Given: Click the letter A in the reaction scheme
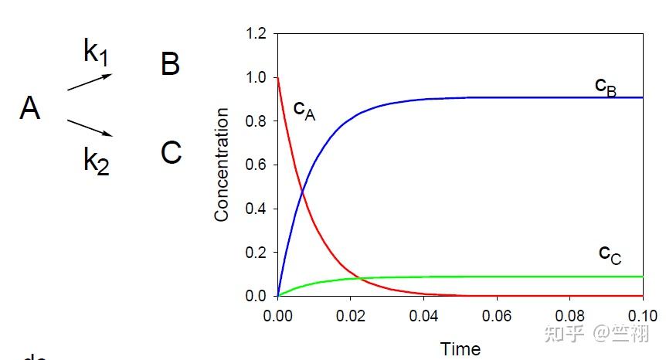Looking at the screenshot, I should [30, 109].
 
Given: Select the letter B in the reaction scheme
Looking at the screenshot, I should [170, 64].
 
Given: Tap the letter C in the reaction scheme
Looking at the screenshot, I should [171, 153].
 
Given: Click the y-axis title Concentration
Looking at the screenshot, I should [222, 165].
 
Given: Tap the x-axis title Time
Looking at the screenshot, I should [460, 348].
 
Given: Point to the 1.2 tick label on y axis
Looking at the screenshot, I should [255, 34].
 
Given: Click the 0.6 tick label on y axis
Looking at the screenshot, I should [255, 165].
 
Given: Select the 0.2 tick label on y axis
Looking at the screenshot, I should [255, 252].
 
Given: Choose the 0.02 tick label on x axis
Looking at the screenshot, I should [351, 316].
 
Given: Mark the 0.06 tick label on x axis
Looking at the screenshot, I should [497, 316].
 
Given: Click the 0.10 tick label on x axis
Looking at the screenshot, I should [642, 316].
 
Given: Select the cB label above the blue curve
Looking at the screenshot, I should [606, 87].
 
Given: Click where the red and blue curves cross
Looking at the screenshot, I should [302, 191].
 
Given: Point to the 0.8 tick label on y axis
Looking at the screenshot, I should [255, 121].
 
